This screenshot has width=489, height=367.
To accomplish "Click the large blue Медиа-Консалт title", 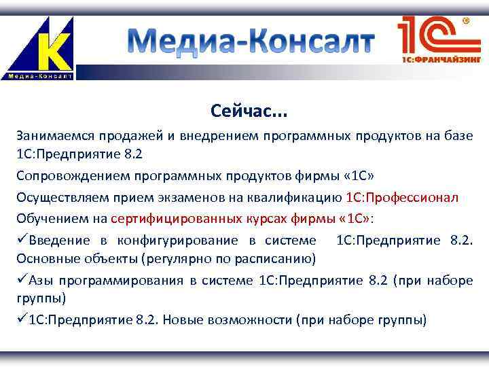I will click(x=251, y=42).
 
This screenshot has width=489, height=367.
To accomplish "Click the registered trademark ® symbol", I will click(x=466, y=21).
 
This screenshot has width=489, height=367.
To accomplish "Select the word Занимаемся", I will click(x=53, y=136).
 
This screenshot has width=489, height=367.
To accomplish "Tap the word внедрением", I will click(x=216, y=136).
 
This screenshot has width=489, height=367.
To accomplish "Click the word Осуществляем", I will click(x=56, y=197).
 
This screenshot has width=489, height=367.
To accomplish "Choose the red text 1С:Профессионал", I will click(x=402, y=197).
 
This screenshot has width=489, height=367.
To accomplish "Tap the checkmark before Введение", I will click(x=22, y=240).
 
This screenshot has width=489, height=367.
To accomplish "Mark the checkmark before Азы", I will click(x=22, y=280).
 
